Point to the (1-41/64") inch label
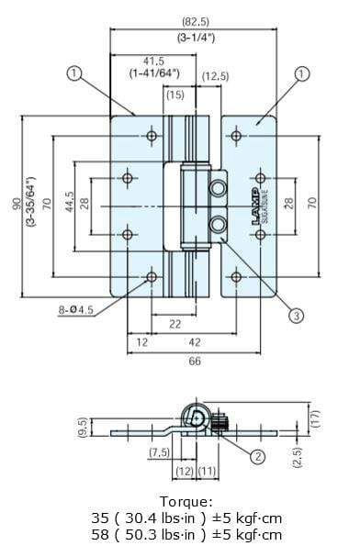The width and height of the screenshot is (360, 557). (x=141, y=72)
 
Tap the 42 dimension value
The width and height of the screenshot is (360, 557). (x=194, y=342)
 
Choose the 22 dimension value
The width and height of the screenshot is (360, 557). (x=174, y=324)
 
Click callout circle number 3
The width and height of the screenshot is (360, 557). (x=296, y=316)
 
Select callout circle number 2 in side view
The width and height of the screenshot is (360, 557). (x=259, y=456)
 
